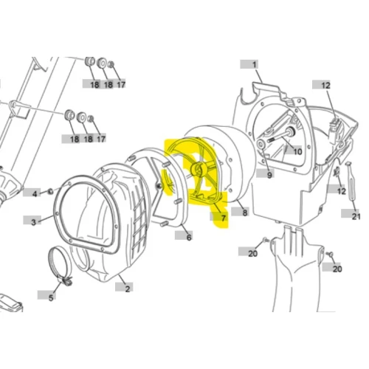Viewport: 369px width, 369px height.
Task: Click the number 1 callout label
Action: (254, 65)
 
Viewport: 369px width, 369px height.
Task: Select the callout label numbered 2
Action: (127, 289)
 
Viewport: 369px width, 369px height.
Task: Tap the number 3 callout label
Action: (33, 222)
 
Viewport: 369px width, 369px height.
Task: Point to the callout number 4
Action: (35, 194)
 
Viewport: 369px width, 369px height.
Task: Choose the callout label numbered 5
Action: (51, 297)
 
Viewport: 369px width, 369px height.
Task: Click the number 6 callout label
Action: (189, 237)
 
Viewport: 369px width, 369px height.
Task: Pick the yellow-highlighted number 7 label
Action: (223, 218)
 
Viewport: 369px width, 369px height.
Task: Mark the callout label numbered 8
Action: (244, 213)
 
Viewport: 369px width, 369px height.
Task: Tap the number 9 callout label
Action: (269, 175)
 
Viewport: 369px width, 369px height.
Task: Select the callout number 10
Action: (297, 151)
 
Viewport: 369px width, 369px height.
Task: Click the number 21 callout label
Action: (356, 216)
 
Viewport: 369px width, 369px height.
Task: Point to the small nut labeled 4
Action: (50, 190)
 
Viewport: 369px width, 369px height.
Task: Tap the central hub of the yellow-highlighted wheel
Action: (199, 169)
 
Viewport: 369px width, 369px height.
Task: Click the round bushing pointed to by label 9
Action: (261, 143)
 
